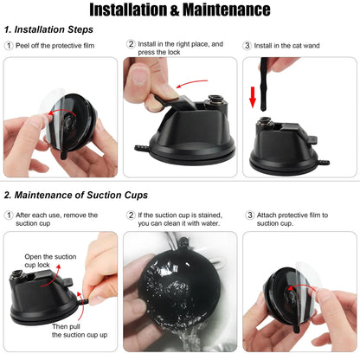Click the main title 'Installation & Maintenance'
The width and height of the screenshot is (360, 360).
pos(180,10)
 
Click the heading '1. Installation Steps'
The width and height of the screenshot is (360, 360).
pos(48,29)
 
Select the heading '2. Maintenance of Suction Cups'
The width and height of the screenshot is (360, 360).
pos(76,195)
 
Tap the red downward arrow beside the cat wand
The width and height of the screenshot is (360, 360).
pos(253,97)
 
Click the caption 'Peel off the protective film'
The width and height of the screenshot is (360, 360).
pos(55,46)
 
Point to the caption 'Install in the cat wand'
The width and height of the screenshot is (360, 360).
pos(286,46)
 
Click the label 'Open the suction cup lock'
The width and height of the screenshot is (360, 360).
pos(50,260)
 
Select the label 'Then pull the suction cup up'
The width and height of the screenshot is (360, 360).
pos(80,331)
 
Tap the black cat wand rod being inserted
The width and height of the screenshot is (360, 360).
pos(264,84)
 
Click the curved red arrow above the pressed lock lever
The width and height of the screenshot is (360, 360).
pos(191,83)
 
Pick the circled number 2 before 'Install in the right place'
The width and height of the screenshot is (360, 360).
pos(131,44)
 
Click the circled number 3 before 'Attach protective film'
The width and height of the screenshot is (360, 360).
pos(250,215)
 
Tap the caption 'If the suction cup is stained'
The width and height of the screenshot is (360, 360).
pos(180,219)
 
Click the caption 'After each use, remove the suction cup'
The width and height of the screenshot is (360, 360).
pos(56,219)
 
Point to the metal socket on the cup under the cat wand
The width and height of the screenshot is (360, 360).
pos(264,122)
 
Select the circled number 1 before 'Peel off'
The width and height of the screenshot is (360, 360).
pos(9,46)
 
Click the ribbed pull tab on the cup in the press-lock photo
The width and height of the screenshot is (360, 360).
pos(142,148)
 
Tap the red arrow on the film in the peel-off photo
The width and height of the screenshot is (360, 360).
pos(62,111)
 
